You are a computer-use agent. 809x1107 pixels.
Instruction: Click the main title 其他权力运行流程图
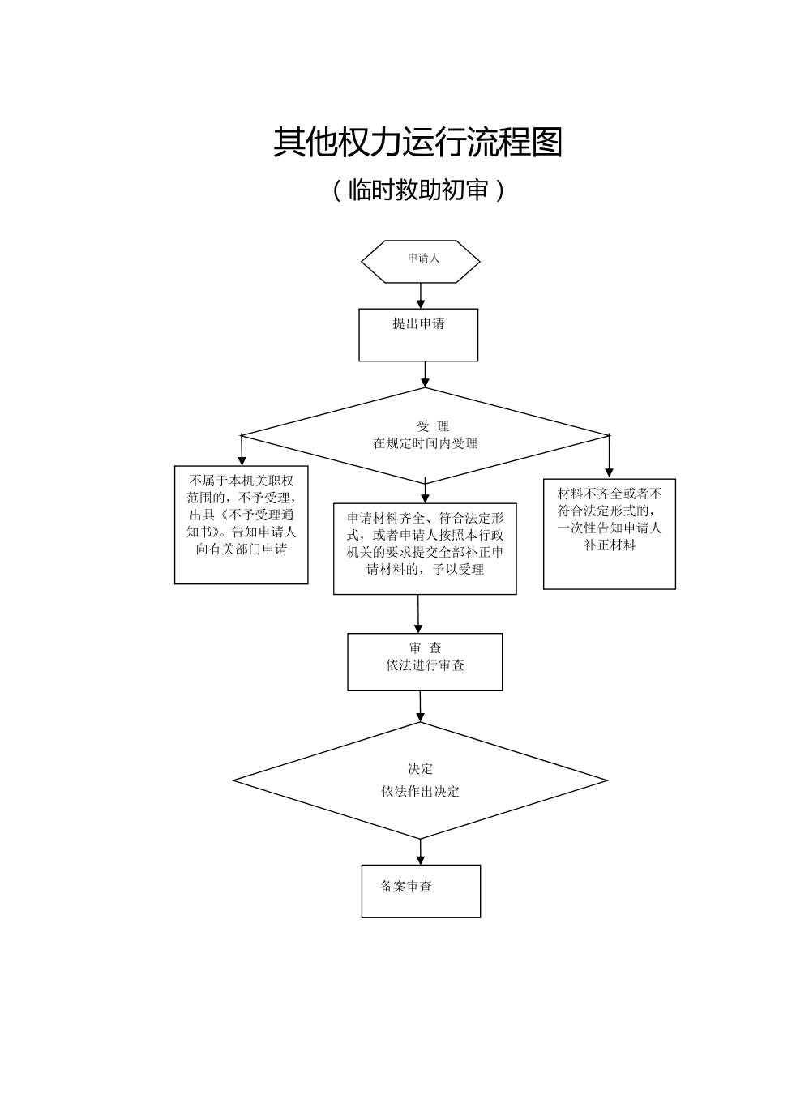(x=417, y=143)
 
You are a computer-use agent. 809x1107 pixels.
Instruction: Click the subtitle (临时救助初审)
(x=418, y=190)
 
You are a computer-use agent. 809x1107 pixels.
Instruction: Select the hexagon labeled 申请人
(x=420, y=261)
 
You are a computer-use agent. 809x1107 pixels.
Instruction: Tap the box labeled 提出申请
(x=418, y=334)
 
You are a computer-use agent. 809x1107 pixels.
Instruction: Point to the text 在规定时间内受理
(x=425, y=443)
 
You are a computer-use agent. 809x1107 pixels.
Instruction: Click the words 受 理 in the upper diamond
(x=433, y=426)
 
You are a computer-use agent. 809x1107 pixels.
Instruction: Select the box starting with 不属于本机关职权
(x=242, y=524)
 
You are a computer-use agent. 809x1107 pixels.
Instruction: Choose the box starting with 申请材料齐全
(x=425, y=549)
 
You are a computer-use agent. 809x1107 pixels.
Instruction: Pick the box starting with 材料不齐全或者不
(x=610, y=533)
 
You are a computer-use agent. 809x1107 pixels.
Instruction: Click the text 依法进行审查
(x=425, y=665)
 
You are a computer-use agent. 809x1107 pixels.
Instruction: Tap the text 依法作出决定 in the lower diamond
(x=421, y=792)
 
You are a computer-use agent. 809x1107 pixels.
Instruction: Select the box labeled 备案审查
(x=421, y=891)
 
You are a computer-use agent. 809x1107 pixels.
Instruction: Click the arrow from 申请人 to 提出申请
(x=421, y=295)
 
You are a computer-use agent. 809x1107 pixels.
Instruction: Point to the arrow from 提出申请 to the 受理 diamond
(x=425, y=374)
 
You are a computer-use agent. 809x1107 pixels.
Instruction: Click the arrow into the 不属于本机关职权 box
(x=242, y=451)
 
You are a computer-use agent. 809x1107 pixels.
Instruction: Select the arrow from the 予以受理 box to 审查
(x=418, y=614)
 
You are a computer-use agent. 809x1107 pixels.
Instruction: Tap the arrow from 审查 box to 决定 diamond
(x=420, y=707)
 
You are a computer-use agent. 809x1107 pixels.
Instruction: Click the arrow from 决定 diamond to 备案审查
(x=421, y=852)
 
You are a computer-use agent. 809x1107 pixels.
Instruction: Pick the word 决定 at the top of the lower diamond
(x=421, y=769)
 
